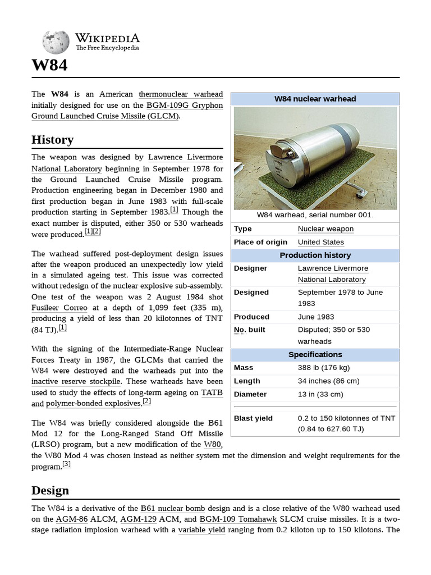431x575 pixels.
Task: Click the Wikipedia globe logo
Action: [56, 42]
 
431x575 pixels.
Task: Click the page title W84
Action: [49, 65]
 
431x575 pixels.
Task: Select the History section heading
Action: [52, 139]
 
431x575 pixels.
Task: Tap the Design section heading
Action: [51, 490]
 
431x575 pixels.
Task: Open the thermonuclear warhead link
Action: [181, 94]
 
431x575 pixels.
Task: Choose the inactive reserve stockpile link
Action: [76, 381]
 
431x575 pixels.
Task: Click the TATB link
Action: [212, 392]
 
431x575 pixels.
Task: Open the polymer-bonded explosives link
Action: [93, 404]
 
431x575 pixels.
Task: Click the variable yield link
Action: [201, 530]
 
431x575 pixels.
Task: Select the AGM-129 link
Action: [140, 519]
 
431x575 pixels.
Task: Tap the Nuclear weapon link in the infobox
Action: [325, 229]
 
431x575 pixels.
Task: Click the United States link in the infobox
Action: [320, 242]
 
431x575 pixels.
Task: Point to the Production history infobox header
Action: [315, 255]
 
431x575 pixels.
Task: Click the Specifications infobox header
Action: [315, 354]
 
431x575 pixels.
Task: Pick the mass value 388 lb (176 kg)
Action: [324, 368]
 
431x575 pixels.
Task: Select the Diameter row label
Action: [250, 394]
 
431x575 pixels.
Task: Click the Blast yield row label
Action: [253, 418]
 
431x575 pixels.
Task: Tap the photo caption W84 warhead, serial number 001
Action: [315, 215]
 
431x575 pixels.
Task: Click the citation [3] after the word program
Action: [66, 464]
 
